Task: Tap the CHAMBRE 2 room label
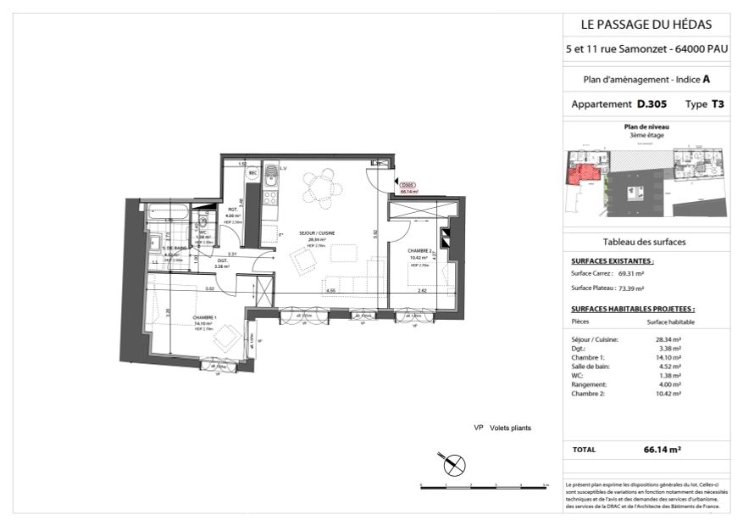pos(420,250)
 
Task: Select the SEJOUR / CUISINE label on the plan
pos(317,233)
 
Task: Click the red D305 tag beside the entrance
pos(408,187)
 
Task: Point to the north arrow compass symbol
pos(455,463)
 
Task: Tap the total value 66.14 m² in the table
pos(663,450)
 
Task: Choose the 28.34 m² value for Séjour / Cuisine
pos(668,339)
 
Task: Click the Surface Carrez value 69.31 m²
pos(631,274)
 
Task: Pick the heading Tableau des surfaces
pos(644,242)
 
